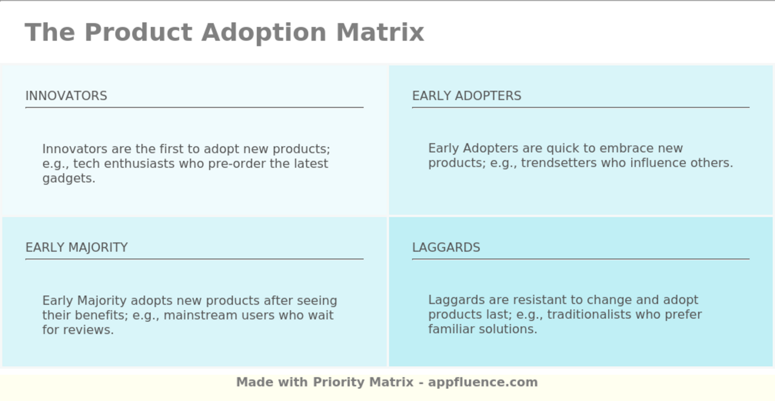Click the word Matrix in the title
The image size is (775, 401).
click(380, 33)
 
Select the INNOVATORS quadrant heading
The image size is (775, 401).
click(66, 96)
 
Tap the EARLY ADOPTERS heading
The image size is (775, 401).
click(466, 96)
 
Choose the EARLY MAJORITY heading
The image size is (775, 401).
click(76, 247)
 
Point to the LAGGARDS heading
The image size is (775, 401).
click(446, 247)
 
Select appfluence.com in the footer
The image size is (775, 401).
click(483, 383)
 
